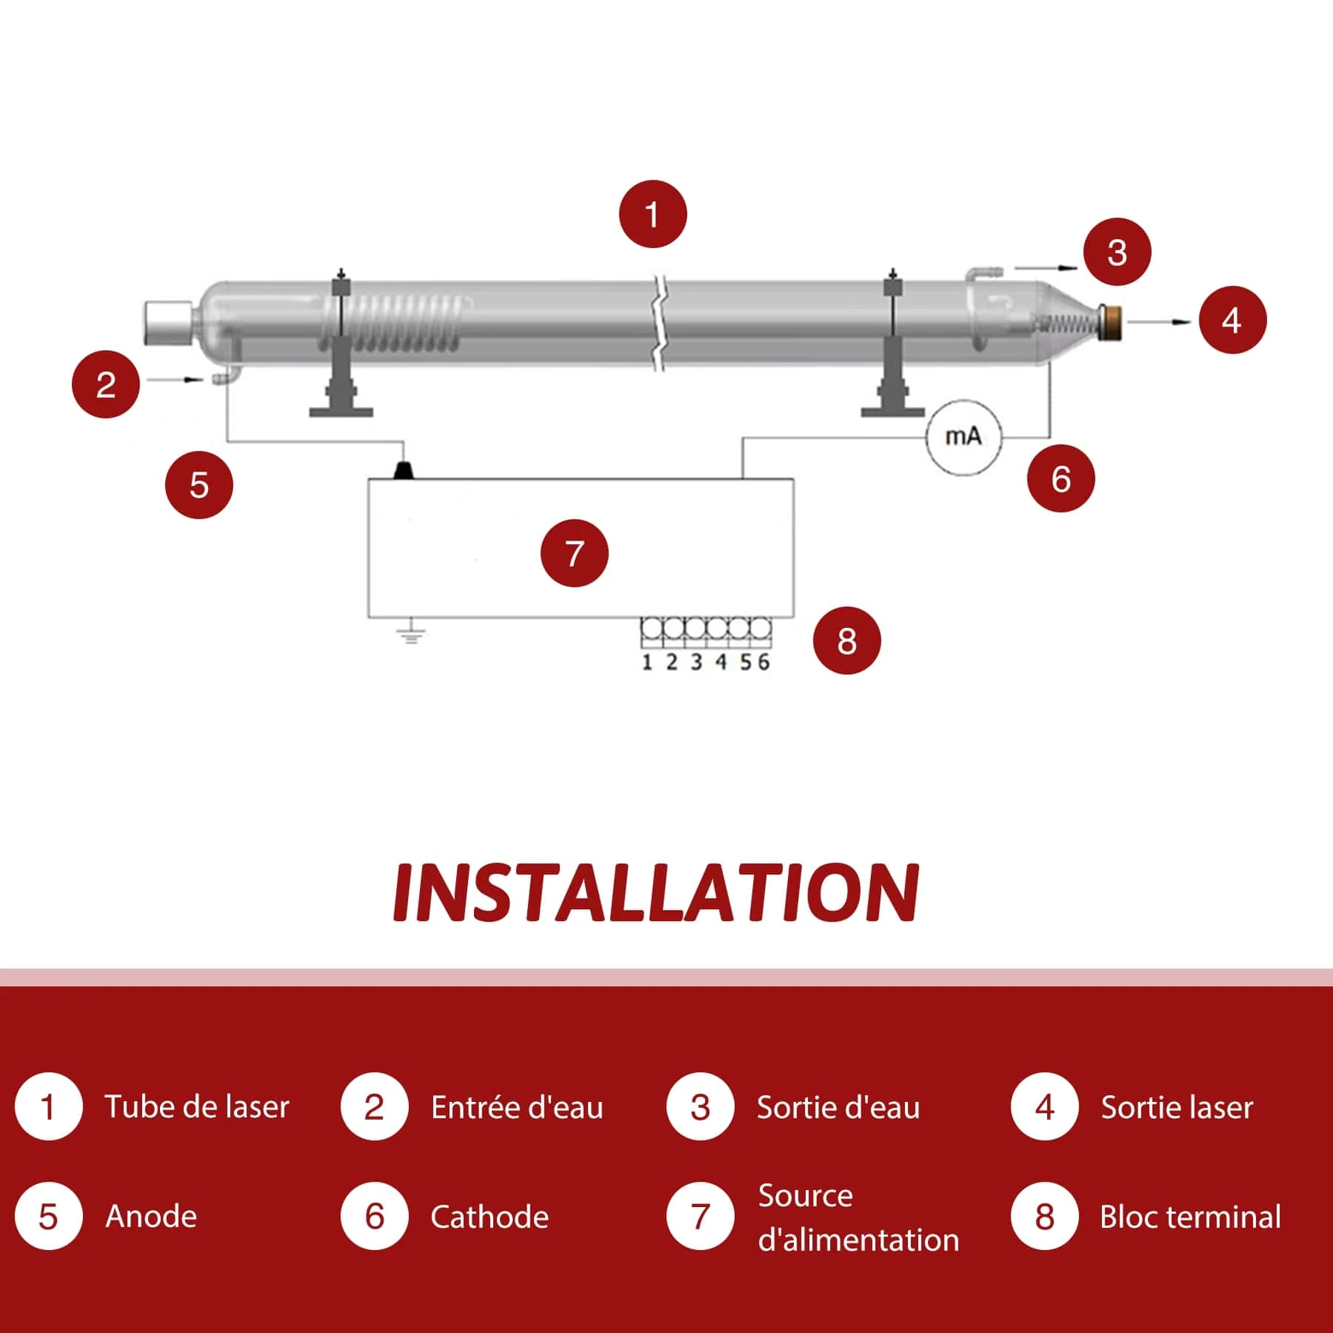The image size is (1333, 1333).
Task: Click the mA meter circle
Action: (963, 437)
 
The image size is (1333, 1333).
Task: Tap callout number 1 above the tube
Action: (652, 215)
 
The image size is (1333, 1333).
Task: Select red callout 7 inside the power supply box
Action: (574, 553)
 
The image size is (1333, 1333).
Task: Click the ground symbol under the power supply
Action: (411, 633)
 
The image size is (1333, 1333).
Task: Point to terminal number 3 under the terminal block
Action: (696, 661)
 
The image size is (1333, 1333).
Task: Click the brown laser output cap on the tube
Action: (1111, 323)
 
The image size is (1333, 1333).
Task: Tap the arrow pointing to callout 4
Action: (1159, 321)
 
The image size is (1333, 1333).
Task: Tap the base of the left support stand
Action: (341, 410)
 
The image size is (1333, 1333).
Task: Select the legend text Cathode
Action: (490, 1217)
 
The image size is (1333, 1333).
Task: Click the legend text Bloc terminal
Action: (1190, 1217)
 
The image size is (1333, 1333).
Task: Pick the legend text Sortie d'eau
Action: (838, 1108)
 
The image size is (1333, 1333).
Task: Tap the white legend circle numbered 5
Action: (48, 1216)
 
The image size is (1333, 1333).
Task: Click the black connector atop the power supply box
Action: (404, 470)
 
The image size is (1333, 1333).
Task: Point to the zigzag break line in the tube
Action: (658, 323)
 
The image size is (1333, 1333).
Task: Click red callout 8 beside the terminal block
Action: (846, 641)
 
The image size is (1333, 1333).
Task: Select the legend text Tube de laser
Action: (196, 1107)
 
